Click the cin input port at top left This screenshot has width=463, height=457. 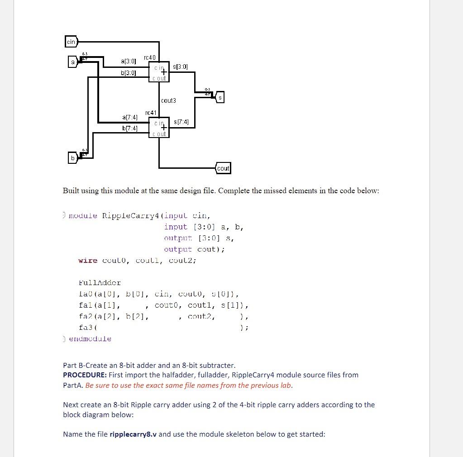[71, 42]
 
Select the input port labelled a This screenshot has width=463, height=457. [72, 62]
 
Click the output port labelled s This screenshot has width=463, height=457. [220, 98]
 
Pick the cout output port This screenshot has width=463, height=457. [223, 168]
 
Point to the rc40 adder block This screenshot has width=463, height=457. [159, 72]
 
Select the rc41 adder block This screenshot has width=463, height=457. [159, 128]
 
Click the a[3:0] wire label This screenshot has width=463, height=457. [129, 61]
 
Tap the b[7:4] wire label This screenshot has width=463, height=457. [129, 128]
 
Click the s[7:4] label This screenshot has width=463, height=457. [181, 122]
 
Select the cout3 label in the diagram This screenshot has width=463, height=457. [168, 100]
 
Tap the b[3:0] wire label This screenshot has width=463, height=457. [129, 72]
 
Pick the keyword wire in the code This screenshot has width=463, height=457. [88, 260]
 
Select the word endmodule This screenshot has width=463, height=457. [90, 338]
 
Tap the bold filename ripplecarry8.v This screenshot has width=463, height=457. [133, 434]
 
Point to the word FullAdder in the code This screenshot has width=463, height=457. [100, 283]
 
